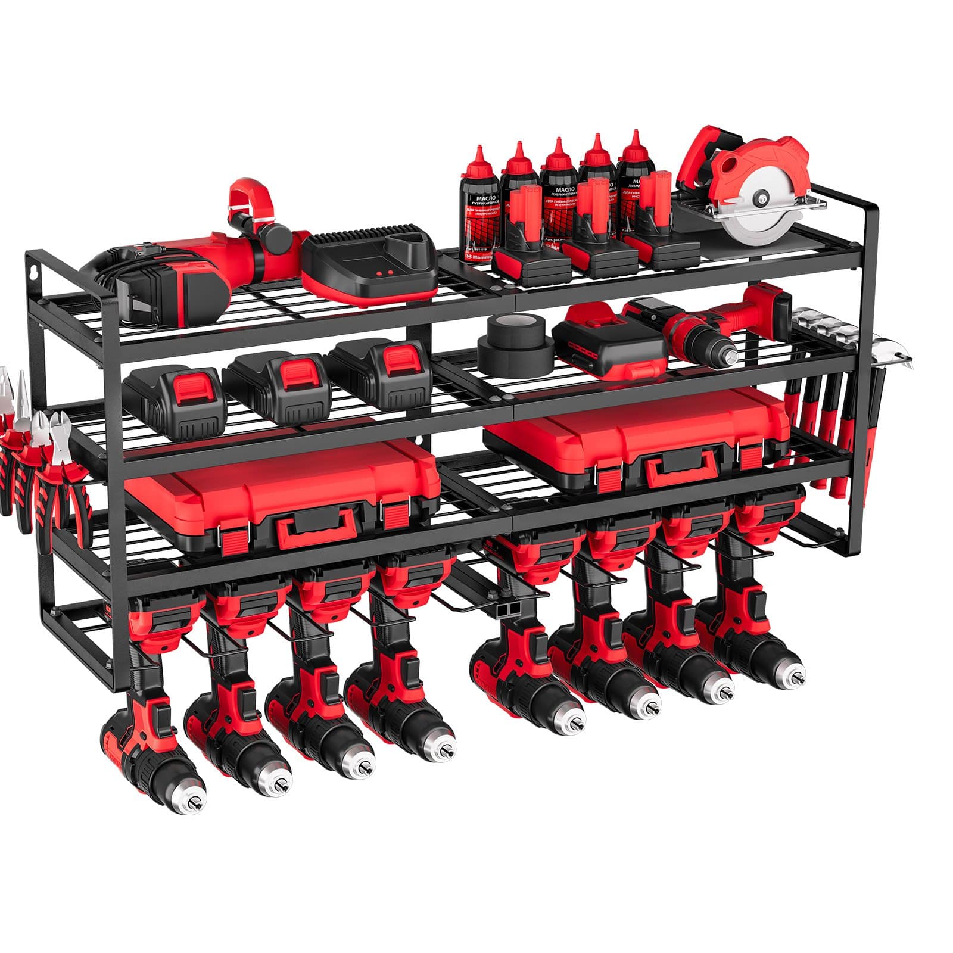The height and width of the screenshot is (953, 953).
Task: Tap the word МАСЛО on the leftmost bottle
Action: (475, 197)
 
